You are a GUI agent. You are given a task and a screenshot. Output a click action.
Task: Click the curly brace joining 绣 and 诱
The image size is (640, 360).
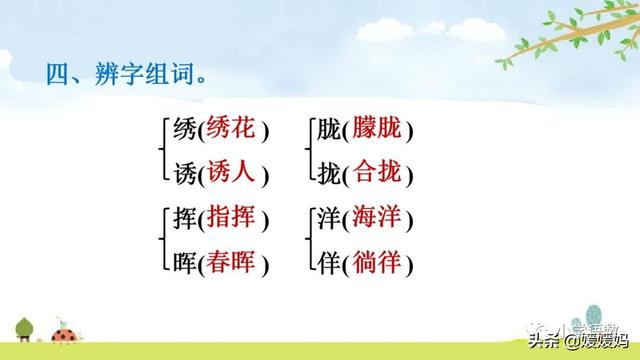(x=161, y=151)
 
